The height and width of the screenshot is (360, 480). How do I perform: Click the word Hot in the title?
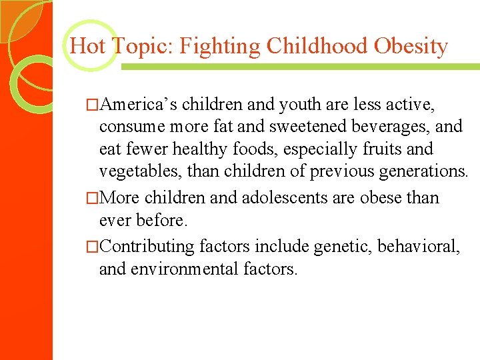click(x=87, y=47)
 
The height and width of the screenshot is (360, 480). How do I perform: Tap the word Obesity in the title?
click(x=411, y=47)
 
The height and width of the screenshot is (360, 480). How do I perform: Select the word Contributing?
click(x=149, y=247)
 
